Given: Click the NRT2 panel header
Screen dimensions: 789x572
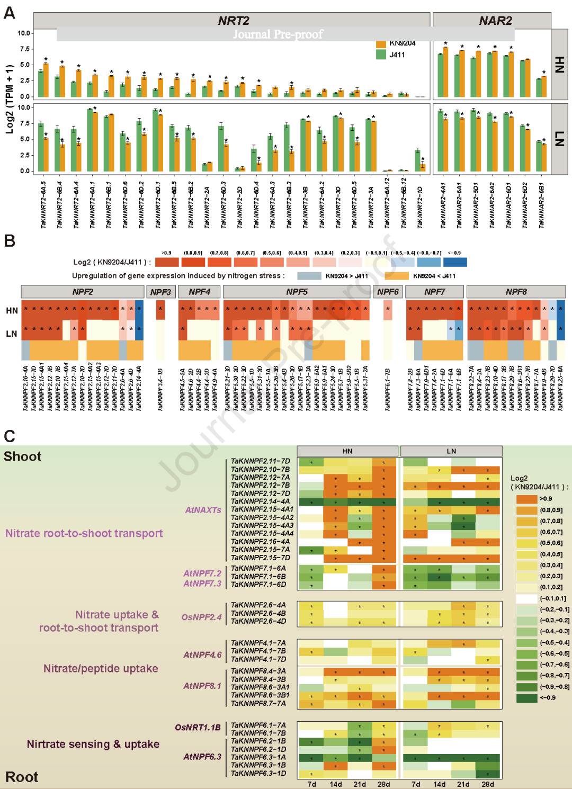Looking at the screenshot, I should tap(234, 21).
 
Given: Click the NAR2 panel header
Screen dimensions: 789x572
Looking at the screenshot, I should tap(495, 21).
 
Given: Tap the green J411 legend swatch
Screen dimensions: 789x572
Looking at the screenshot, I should tap(381, 55).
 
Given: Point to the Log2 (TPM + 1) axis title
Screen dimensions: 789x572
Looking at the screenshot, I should tap(10, 99).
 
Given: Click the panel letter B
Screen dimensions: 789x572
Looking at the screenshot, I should tap(10, 241).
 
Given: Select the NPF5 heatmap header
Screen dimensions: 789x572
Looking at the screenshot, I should tap(297, 292).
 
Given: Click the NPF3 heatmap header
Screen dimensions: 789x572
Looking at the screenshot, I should tap(160, 292).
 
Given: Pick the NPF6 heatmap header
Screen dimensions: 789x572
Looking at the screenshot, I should tap(388, 292).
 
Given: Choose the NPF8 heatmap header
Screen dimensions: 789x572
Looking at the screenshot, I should tap(516, 292).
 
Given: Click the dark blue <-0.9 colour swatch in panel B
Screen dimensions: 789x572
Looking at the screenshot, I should tap(455, 262).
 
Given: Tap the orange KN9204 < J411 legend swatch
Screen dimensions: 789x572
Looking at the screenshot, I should tap(397, 276).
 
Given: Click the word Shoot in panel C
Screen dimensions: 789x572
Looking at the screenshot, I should tap(23, 456).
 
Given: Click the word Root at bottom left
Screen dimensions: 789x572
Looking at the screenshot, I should tap(22, 777).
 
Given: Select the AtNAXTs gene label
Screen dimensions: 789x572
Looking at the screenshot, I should tap(203, 510).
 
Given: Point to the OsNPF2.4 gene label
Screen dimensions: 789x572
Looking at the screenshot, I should tap(202, 617).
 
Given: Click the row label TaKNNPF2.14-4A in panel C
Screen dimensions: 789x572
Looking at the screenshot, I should tap(260, 501).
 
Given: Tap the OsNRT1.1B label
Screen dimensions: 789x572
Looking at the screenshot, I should tap(198, 728).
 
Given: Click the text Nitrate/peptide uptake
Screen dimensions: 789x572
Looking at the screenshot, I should tap(101, 668).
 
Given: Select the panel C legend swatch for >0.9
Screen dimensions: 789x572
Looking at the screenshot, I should tap(526, 499).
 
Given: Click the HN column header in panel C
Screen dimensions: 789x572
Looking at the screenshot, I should tap(347, 451).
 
